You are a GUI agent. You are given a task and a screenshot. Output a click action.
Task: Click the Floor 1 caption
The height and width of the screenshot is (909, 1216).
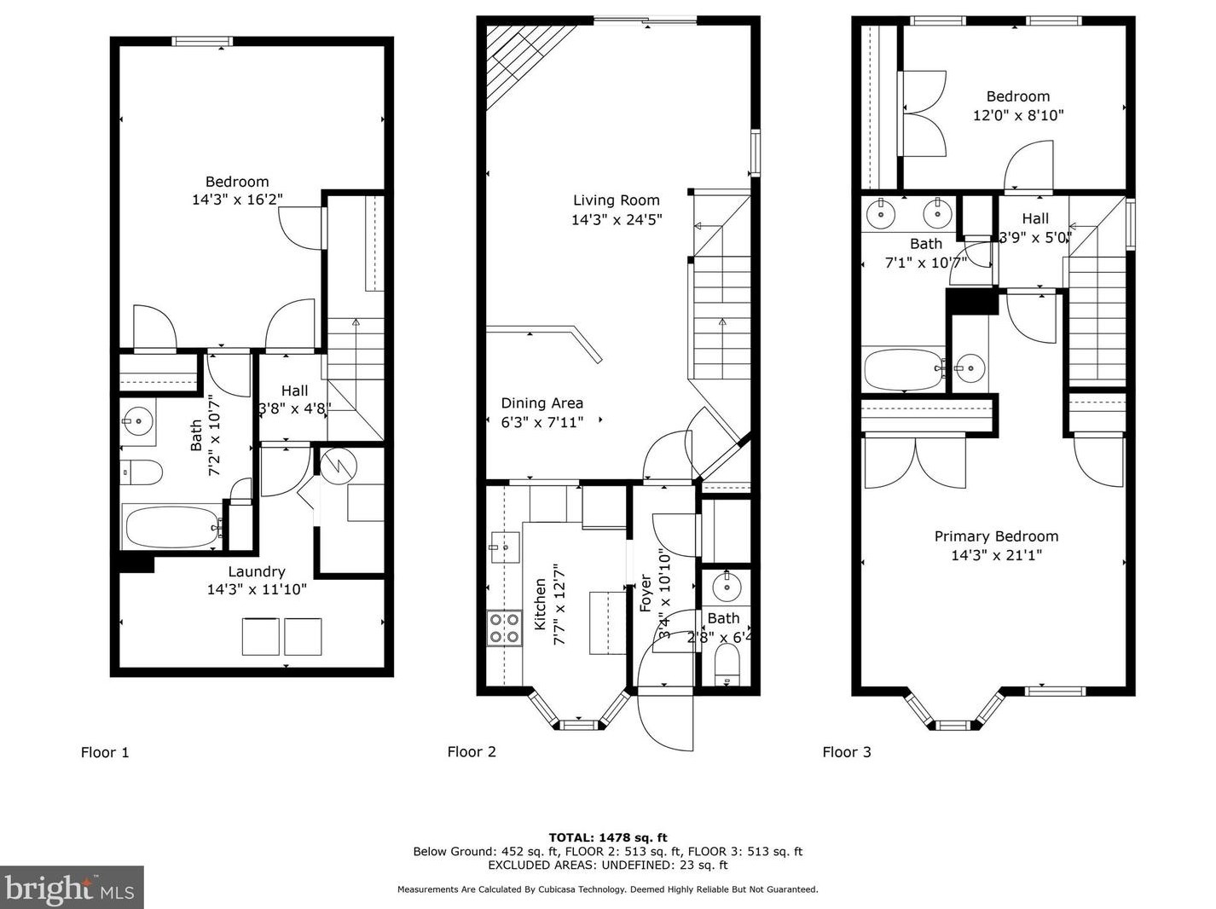(x=105, y=752)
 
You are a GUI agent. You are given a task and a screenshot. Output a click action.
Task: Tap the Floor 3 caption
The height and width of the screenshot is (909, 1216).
(x=846, y=752)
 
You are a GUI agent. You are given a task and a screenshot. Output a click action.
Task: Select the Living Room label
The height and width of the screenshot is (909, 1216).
(x=616, y=200)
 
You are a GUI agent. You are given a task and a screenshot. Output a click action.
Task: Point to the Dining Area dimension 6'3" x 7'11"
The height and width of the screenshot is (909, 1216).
(x=541, y=422)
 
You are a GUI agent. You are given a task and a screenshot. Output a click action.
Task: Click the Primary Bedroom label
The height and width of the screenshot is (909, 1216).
(x=996, y=536)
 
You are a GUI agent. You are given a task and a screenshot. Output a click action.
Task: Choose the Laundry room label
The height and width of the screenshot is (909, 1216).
(x=256, y=571)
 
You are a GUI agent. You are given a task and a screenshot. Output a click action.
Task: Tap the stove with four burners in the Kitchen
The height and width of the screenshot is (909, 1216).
(x=504, y=628)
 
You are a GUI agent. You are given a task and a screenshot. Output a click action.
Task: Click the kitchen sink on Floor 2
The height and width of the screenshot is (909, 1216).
(x=504, y=545)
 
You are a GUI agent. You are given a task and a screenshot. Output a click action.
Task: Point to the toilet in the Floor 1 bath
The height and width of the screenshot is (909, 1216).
(x=142, y=472)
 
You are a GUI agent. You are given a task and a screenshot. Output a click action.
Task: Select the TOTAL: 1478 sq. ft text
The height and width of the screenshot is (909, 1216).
(x=607, y=837)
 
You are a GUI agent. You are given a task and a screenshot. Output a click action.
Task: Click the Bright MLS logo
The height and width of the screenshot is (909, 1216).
(x=72, y=888)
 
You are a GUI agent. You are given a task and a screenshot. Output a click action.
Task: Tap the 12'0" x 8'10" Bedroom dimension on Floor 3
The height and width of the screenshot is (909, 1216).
(x=1018, y=115)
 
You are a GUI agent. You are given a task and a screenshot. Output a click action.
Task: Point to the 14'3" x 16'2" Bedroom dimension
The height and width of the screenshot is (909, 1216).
(x=237, y=200)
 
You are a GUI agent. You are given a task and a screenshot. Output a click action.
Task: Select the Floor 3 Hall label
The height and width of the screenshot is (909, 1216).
(x=1035, y=218)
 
